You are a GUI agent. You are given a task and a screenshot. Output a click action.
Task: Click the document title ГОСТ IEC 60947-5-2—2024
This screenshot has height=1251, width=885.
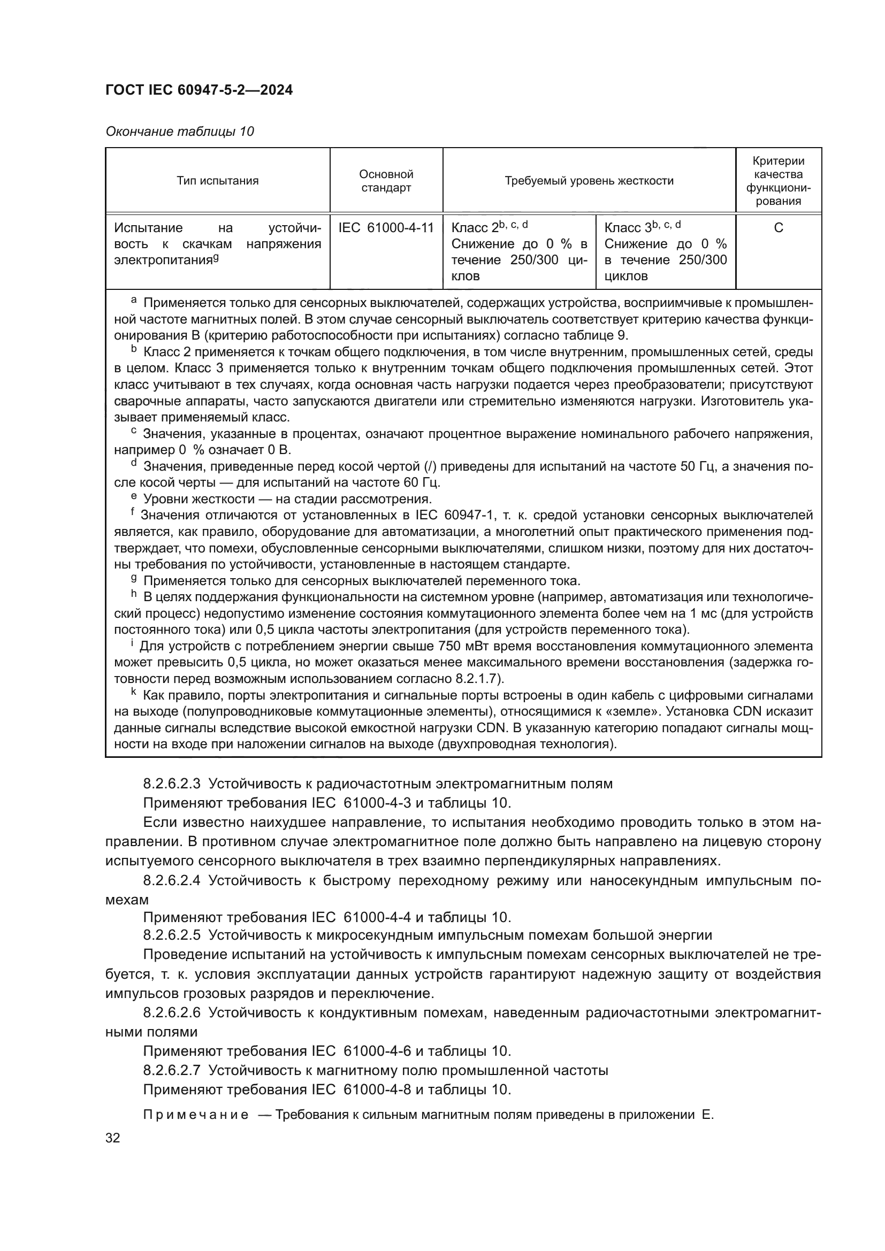pyautogui.click(x=199, y=90)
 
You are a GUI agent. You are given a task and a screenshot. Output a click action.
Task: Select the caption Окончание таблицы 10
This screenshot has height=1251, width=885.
pyautogui.click(x=179, y=132)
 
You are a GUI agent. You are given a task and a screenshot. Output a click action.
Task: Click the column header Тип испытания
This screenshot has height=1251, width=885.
pyautogui.click(x=217, y=181)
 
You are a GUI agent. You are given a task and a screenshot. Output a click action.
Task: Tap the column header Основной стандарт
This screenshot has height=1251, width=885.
pyautogui.click(x=386, y=181)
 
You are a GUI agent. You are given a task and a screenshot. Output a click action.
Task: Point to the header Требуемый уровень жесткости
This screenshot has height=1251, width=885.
pyautogui.click(x=589, y=181)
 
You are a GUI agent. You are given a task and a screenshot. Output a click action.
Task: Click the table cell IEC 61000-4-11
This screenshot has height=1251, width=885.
pyautogui.click(x=386, y=228)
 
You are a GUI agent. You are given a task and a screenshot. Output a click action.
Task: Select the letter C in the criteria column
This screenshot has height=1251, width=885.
pyautogui.click(x=778, y=228)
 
